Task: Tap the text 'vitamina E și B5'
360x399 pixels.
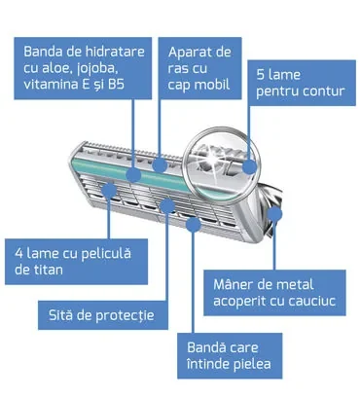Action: tap(74, 85)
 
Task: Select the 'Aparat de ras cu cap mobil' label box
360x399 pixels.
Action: tap(199, 68)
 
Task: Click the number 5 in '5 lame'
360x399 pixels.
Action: tap(261, 75)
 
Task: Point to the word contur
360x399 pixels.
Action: tap(323, 91)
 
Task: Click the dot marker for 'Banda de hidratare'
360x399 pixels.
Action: tap(133, 175)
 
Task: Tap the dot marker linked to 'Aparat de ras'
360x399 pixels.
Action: tap(160, 164)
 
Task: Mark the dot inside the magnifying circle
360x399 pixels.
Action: tap(250, 166)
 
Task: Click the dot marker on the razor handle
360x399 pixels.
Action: tap(275, 214)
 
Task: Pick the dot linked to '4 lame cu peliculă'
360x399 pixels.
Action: tap(109, 190)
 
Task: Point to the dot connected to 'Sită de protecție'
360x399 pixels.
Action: tap(167, 205)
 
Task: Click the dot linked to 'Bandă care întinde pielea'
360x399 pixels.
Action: tap(194, 225)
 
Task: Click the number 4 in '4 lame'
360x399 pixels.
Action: tap(18, 254)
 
